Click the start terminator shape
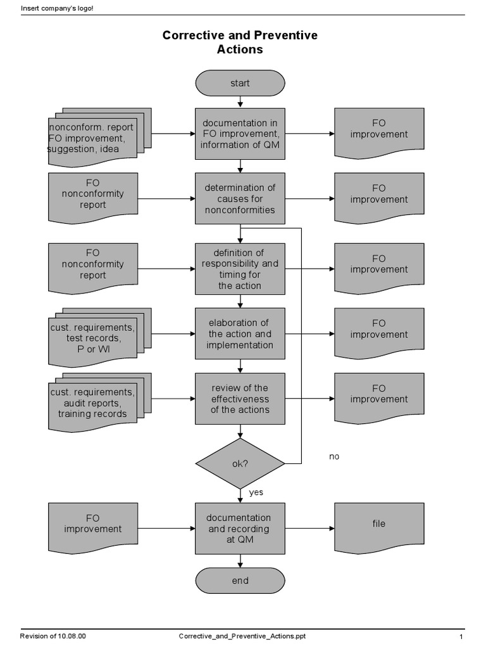[240, 83]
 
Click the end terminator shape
[240, 581]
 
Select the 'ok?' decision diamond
[240, 463]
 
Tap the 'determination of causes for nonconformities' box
[240, 198]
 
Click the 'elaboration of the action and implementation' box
[240, 334]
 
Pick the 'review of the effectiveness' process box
[240, 399]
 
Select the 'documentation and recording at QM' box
[240, 529]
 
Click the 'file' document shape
[378, 525]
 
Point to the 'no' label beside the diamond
[334, 456]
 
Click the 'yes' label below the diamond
[256, 492]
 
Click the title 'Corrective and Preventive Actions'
[240, 42]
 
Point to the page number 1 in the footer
[461, 636]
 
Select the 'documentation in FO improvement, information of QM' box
[240, 134]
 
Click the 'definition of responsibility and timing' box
[240, 269]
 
